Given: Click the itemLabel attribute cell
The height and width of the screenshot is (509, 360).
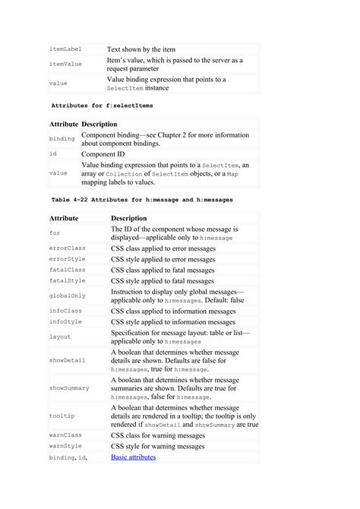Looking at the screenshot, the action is (65, 49).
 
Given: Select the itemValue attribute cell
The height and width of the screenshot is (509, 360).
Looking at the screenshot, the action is (65, 65).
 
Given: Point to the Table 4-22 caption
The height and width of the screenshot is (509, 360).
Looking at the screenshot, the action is (141, 199).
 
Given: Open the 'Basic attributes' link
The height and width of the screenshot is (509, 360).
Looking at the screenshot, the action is (134, 457).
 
